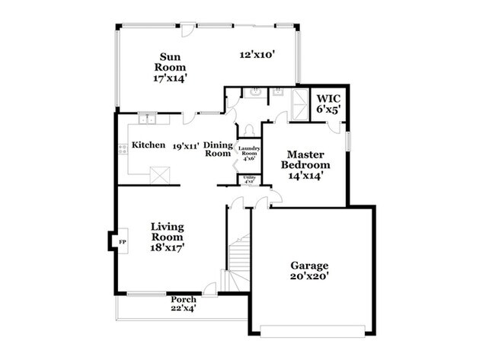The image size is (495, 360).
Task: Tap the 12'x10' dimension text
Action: (257, 55)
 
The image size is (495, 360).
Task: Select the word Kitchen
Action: (148, 145)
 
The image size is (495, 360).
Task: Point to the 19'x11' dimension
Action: (186, 145)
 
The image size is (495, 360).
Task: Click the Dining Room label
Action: (217, 148)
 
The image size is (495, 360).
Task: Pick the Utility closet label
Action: (249, 180)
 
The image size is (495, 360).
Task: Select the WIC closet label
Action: (328, 104)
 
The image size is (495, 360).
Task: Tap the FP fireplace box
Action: (121, 242)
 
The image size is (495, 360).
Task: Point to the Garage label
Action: (309, 271)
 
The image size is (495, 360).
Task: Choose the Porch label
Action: (184, 304)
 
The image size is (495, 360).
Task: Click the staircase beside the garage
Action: (240, 263)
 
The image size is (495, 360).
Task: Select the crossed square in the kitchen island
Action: (161, 175)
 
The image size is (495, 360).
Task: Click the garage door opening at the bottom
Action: (312, 329)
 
